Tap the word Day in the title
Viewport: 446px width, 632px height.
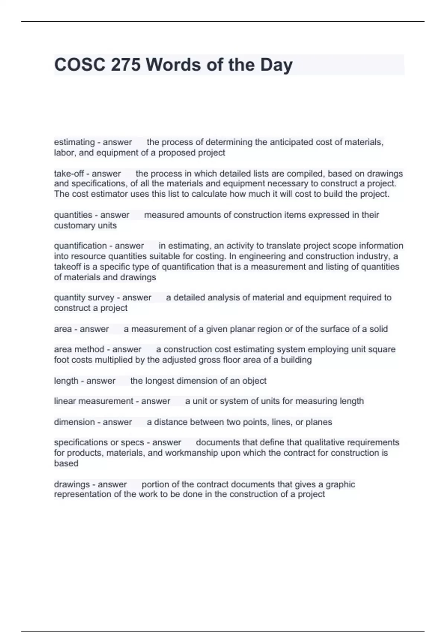pos(276,65)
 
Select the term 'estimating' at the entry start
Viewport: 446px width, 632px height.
pos(74,142)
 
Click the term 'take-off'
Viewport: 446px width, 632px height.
pos(69,174)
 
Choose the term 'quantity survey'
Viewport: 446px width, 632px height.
pos(84,297)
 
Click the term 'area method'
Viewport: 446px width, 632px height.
pos(79,349)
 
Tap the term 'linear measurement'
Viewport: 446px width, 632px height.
pos(94,401)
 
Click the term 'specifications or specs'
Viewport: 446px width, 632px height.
pos(99,442)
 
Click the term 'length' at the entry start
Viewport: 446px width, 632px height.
pos(66,381)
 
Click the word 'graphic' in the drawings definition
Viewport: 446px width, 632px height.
pos(340,484)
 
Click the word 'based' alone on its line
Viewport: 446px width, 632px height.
pos(66,463)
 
